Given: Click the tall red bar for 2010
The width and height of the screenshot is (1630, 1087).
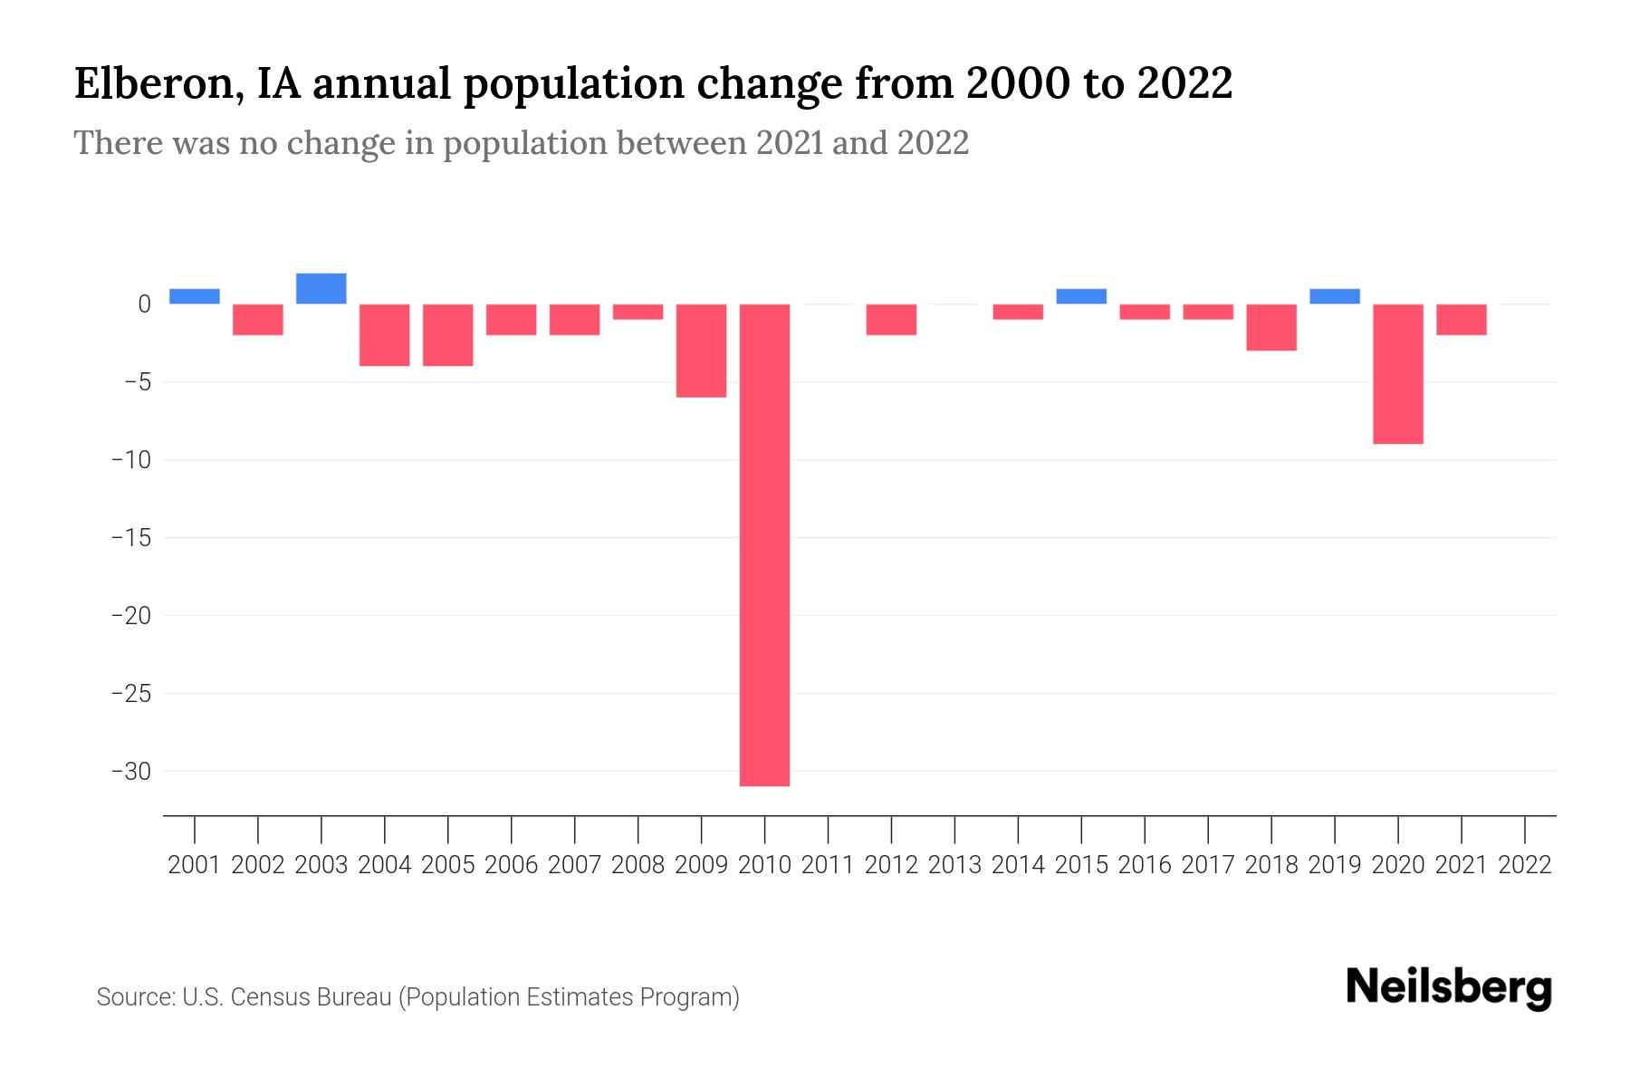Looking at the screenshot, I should click(x=764, y=543).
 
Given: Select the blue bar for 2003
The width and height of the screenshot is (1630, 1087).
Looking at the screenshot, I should click(x=321, y=289).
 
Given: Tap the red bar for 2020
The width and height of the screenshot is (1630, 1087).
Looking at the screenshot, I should click(x=1398, y=373).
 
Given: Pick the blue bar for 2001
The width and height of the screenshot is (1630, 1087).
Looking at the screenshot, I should click(x=195, y=296).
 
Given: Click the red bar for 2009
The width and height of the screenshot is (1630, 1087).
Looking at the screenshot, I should click(x=702, y=350).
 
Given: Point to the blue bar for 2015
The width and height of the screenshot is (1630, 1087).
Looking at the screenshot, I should click(x=1081, y=296).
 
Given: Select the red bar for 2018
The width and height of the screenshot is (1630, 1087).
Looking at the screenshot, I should click(x=1271, y=327).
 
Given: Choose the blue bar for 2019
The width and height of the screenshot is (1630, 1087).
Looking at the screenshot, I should click(x=1335, y=296).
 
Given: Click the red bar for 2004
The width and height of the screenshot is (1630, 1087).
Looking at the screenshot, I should click(x=385, y=334).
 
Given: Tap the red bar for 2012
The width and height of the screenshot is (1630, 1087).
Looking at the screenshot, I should click(x=891, y=319).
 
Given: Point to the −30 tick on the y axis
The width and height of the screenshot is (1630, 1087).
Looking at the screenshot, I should click(x=130, y=771).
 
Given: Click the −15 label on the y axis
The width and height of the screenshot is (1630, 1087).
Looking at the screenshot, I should click(x=130, y=538).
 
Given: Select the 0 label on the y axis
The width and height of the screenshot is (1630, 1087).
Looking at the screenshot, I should click(x=144, y=304).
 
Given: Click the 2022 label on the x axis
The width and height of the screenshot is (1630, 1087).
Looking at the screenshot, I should click(x=1525, y=865).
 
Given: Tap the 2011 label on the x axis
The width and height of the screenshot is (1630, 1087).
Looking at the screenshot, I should click(x=828, y=865).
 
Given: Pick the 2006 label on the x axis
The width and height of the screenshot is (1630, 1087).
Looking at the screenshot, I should click(x=512, y=865).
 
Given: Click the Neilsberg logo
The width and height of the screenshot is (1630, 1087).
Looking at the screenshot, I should click(x=1449, y=987).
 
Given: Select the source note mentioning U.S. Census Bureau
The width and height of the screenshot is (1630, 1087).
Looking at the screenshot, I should click(x=417, y=997).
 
